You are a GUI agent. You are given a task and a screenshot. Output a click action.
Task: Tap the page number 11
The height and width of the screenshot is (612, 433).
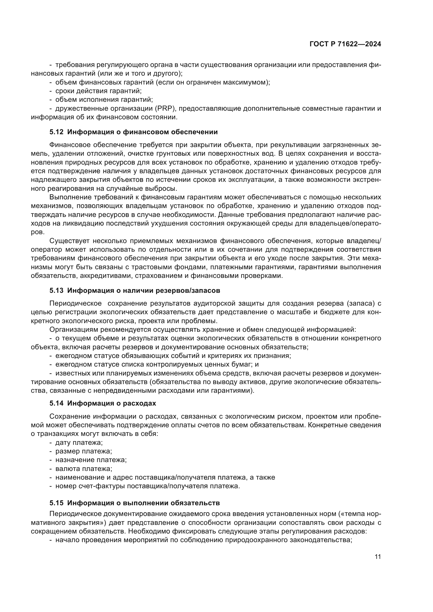(x=378, y=557)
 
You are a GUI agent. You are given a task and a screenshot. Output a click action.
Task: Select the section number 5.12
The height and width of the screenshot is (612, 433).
(x=56, y=132)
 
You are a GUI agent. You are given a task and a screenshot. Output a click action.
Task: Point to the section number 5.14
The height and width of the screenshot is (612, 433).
(x=56, y=403)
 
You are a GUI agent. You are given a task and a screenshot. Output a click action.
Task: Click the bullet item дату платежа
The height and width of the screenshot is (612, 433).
(x=79, y=442)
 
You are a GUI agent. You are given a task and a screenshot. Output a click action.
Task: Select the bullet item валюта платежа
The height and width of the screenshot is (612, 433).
(x=84, y=469)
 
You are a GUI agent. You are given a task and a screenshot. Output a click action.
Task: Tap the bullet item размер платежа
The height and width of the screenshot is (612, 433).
(x=84, y=451)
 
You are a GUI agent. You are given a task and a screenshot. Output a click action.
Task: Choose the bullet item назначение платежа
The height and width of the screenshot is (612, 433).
(x=91, y=460)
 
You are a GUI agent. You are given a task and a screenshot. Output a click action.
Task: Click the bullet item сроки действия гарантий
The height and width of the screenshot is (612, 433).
(x=98, y=91)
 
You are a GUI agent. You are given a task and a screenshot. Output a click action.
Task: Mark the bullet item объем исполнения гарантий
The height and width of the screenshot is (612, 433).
(x=104, y=100)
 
